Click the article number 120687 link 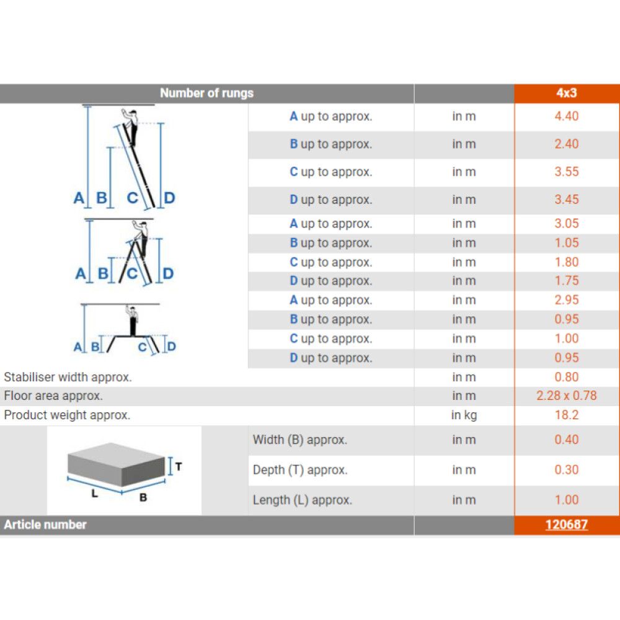click(566, 525)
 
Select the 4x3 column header click(566, 93)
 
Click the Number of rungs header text click(206, 93)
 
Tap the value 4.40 click(566, 117)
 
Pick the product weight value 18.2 click(566, 415)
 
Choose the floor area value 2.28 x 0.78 click(566, 396)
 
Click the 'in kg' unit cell click(464, 415)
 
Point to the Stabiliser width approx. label click(68, 377)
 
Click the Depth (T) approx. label click(300, 470)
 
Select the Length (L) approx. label click(303, 500)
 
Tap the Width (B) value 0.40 click(566, 440)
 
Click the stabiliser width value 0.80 click(566, 377)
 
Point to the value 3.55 click(566, 172)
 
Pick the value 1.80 click(566, 262)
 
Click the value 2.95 click(566, 300)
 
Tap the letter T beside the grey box click(179, 467)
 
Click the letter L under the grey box click(94, 494)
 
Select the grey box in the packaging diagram click(116, 464)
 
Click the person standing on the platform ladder click(133, 321)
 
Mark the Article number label click(45, 525)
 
